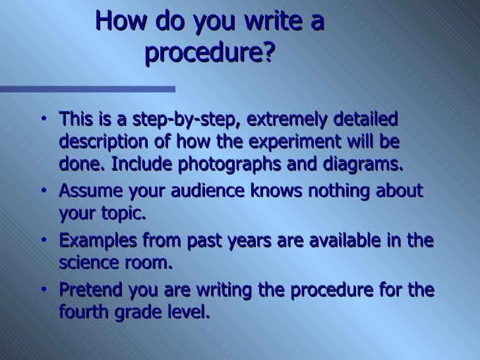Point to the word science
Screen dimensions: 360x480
89,262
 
